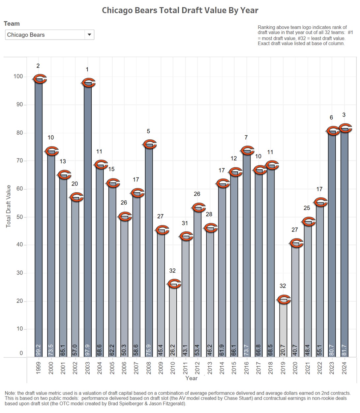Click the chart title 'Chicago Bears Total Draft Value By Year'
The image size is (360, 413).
coord(180,10)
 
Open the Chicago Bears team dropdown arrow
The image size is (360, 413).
coord(89,35)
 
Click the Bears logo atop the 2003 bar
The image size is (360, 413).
coord(88,83)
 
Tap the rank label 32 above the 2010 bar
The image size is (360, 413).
coord(172,271)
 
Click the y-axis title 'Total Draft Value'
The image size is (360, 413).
coord(9,206)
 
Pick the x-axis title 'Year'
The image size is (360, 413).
coord(192,378)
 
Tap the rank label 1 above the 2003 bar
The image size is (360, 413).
coord(87,69)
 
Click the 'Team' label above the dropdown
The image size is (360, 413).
coord(12,24)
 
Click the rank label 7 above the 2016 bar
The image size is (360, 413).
coord(246,137)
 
